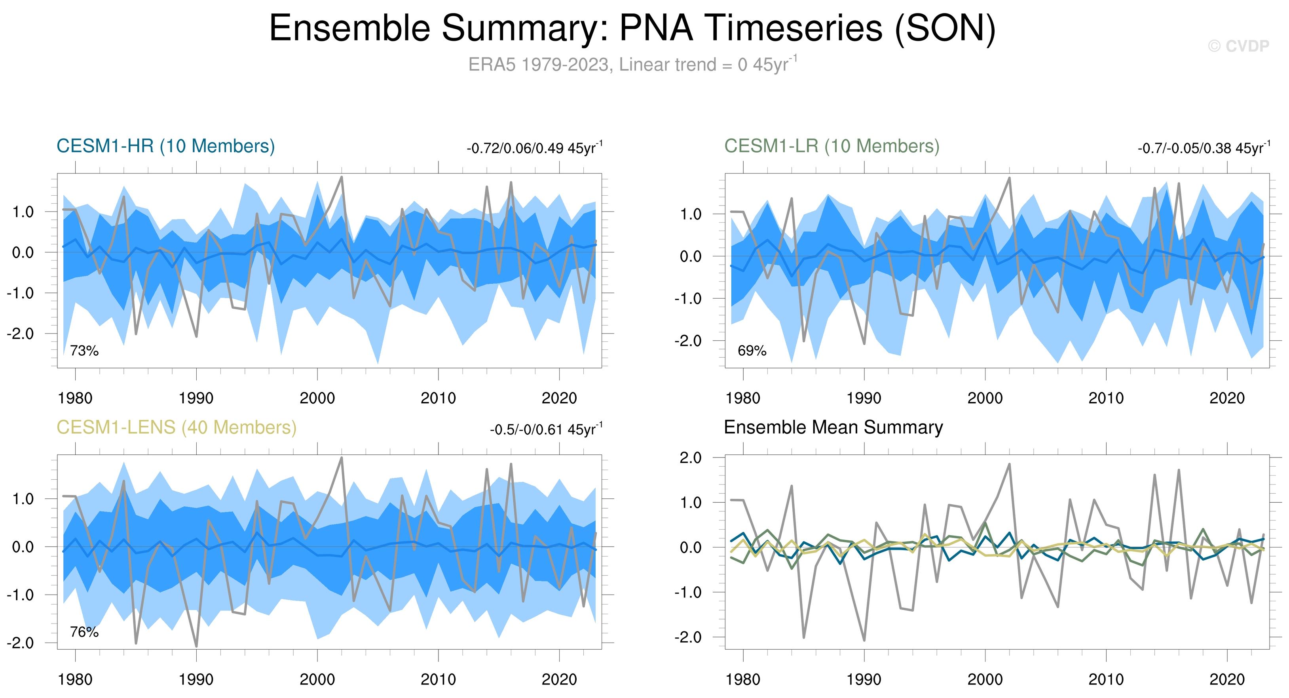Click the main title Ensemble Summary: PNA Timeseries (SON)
[632, 28]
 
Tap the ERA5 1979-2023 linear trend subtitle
[632, 65]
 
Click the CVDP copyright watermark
[1238, 46]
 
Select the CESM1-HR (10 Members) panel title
[166, 146]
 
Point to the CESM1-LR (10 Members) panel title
[831, 146]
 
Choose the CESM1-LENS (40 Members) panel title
[176, 427]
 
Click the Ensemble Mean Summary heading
[833, 427]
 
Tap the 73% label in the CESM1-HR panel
[84, 351]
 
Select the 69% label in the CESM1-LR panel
[752, 351]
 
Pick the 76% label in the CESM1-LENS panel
[84, 632]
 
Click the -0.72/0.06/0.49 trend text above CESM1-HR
[534, 148]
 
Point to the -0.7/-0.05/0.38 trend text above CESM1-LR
[1204, 148]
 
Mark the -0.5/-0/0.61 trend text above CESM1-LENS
[546, 430]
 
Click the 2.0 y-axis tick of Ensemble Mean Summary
[690, 458]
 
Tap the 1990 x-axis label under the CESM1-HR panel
[196, 399]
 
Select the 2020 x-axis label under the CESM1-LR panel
[1227, 399]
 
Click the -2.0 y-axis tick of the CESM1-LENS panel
[20, 643]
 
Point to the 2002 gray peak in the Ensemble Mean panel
[1009, 464]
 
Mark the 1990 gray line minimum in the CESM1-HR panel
[196, 336]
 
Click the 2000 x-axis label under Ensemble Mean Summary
[985, 680]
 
